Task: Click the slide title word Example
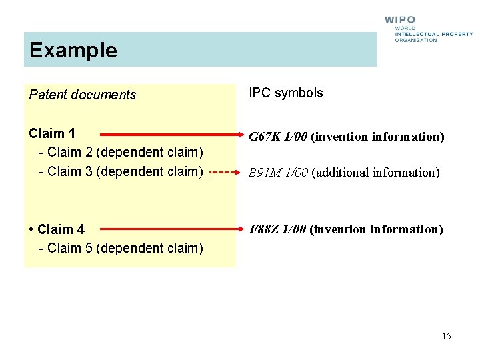73,51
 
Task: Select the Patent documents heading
83,95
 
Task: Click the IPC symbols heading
286,93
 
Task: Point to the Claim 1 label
52,133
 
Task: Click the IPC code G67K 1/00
279,137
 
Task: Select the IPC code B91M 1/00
279,173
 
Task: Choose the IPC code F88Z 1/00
278,230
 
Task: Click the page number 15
446,336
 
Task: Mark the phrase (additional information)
375,173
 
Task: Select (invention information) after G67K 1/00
377,137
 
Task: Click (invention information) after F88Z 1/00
376,230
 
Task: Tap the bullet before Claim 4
32,230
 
